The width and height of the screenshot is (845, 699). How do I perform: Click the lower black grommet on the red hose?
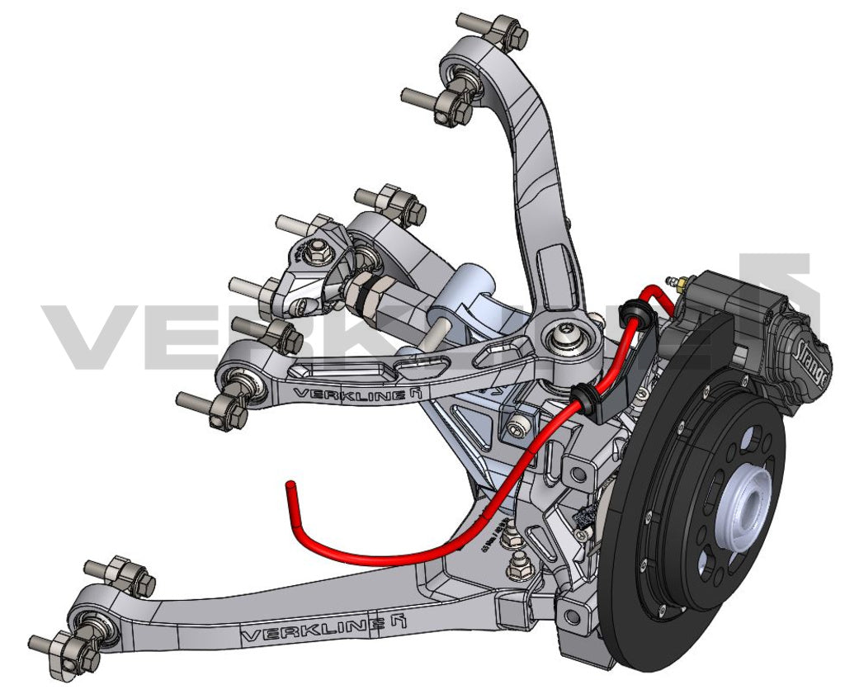click(584, 397)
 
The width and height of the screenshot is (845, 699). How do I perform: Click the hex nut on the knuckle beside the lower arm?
click(519, 568)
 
